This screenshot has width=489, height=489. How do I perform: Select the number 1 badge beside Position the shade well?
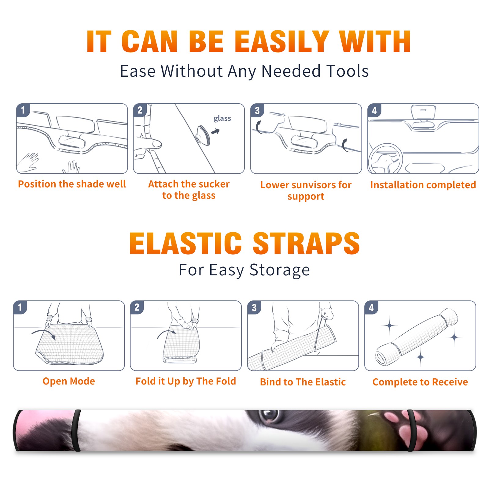click(23, 110)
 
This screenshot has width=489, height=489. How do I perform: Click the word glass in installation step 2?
click(222, 119)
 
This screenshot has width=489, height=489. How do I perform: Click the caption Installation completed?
click(423, 185)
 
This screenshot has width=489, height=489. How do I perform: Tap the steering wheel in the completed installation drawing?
click(385, 159)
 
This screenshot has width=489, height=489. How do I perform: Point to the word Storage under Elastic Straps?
click(280, 270)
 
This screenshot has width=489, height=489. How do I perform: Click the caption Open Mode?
click(69, 381)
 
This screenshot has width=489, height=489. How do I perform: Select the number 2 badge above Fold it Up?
click(137, 307)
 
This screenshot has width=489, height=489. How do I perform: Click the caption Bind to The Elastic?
click(303, 382)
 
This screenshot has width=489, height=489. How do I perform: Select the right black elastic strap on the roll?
click(411, 430)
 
